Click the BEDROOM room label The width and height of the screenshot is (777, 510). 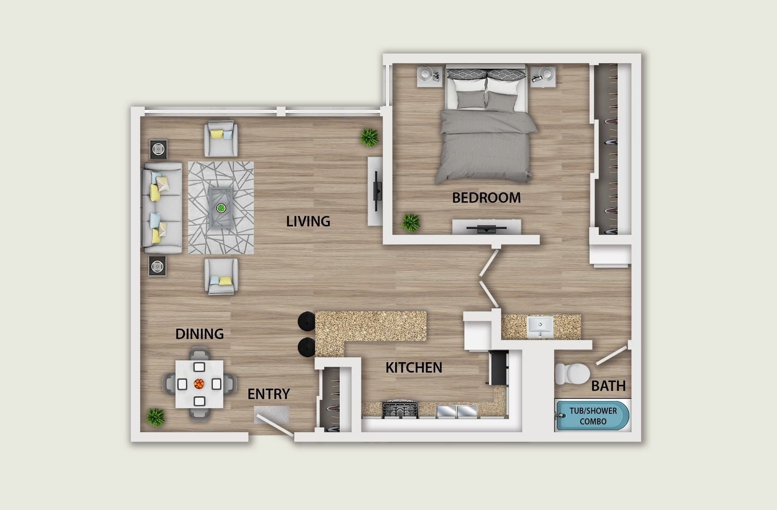coord(486,197)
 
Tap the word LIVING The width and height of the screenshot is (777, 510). coord(308,221)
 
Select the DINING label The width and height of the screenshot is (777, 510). coord(199,334)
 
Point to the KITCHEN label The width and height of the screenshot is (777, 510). coord(414,367)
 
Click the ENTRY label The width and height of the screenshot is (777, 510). coord(268,394)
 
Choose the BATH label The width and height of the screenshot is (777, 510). coord(608,386)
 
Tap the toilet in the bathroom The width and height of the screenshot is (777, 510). coord(571,374)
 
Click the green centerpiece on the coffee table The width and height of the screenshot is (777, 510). coord(220,207)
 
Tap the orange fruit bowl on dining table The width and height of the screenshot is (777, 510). coord(199,383)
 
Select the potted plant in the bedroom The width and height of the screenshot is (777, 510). coord(410,221)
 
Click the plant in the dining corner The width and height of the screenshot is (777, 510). coord(155,416)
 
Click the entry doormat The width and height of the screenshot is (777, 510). coord(271,415)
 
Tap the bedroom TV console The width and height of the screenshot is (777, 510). coord(487,228)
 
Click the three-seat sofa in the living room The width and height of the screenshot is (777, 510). coord(161,208)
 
